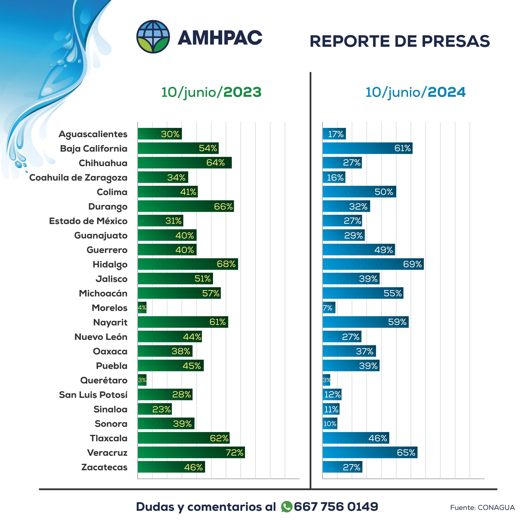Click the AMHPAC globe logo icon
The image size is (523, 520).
[x=153, y=37]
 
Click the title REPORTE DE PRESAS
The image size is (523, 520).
[x=400, y=41]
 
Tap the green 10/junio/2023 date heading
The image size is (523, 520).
[x=211, y=92]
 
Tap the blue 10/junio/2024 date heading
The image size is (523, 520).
[x=415, y=92]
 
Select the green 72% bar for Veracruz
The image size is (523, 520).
[x=191, y=452]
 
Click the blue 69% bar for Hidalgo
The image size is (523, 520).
[x=373, y=264]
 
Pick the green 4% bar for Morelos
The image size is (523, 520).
[x=142, y=308]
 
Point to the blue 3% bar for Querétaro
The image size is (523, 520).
[x=326, y=380]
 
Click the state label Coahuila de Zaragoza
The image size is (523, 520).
[x=78, y=178]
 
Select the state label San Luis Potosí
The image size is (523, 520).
[x=93, y=395]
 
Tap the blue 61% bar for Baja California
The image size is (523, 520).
[x=367, y=148]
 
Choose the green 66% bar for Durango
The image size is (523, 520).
[x=186, y=206]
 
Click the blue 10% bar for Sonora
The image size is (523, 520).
[x=330, y=424]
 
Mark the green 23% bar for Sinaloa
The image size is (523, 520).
[x=155, y=409]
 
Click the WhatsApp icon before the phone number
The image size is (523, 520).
[x=286, y=506]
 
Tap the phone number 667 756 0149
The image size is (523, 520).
[x=336, y=506]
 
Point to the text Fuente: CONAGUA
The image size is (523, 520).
[x=482, y=508]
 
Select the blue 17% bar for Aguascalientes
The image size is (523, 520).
[x=334, y=134]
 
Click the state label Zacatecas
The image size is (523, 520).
[x=104, y=467]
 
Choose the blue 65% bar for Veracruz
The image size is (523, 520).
[x=370, y=452]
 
